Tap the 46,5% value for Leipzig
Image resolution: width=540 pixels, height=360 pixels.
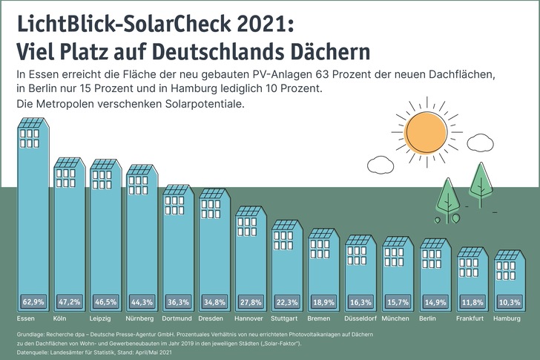[x=106, y=303]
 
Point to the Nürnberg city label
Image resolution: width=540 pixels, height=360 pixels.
[x=143, y=318]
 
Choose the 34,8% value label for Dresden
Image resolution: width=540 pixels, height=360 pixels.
[x=216, y=303]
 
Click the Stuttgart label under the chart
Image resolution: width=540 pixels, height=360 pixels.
[x=286, y=318]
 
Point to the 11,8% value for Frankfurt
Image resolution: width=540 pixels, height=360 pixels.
[x=470, y=303]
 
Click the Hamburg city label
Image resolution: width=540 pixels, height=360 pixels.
[x=508, y=318]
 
